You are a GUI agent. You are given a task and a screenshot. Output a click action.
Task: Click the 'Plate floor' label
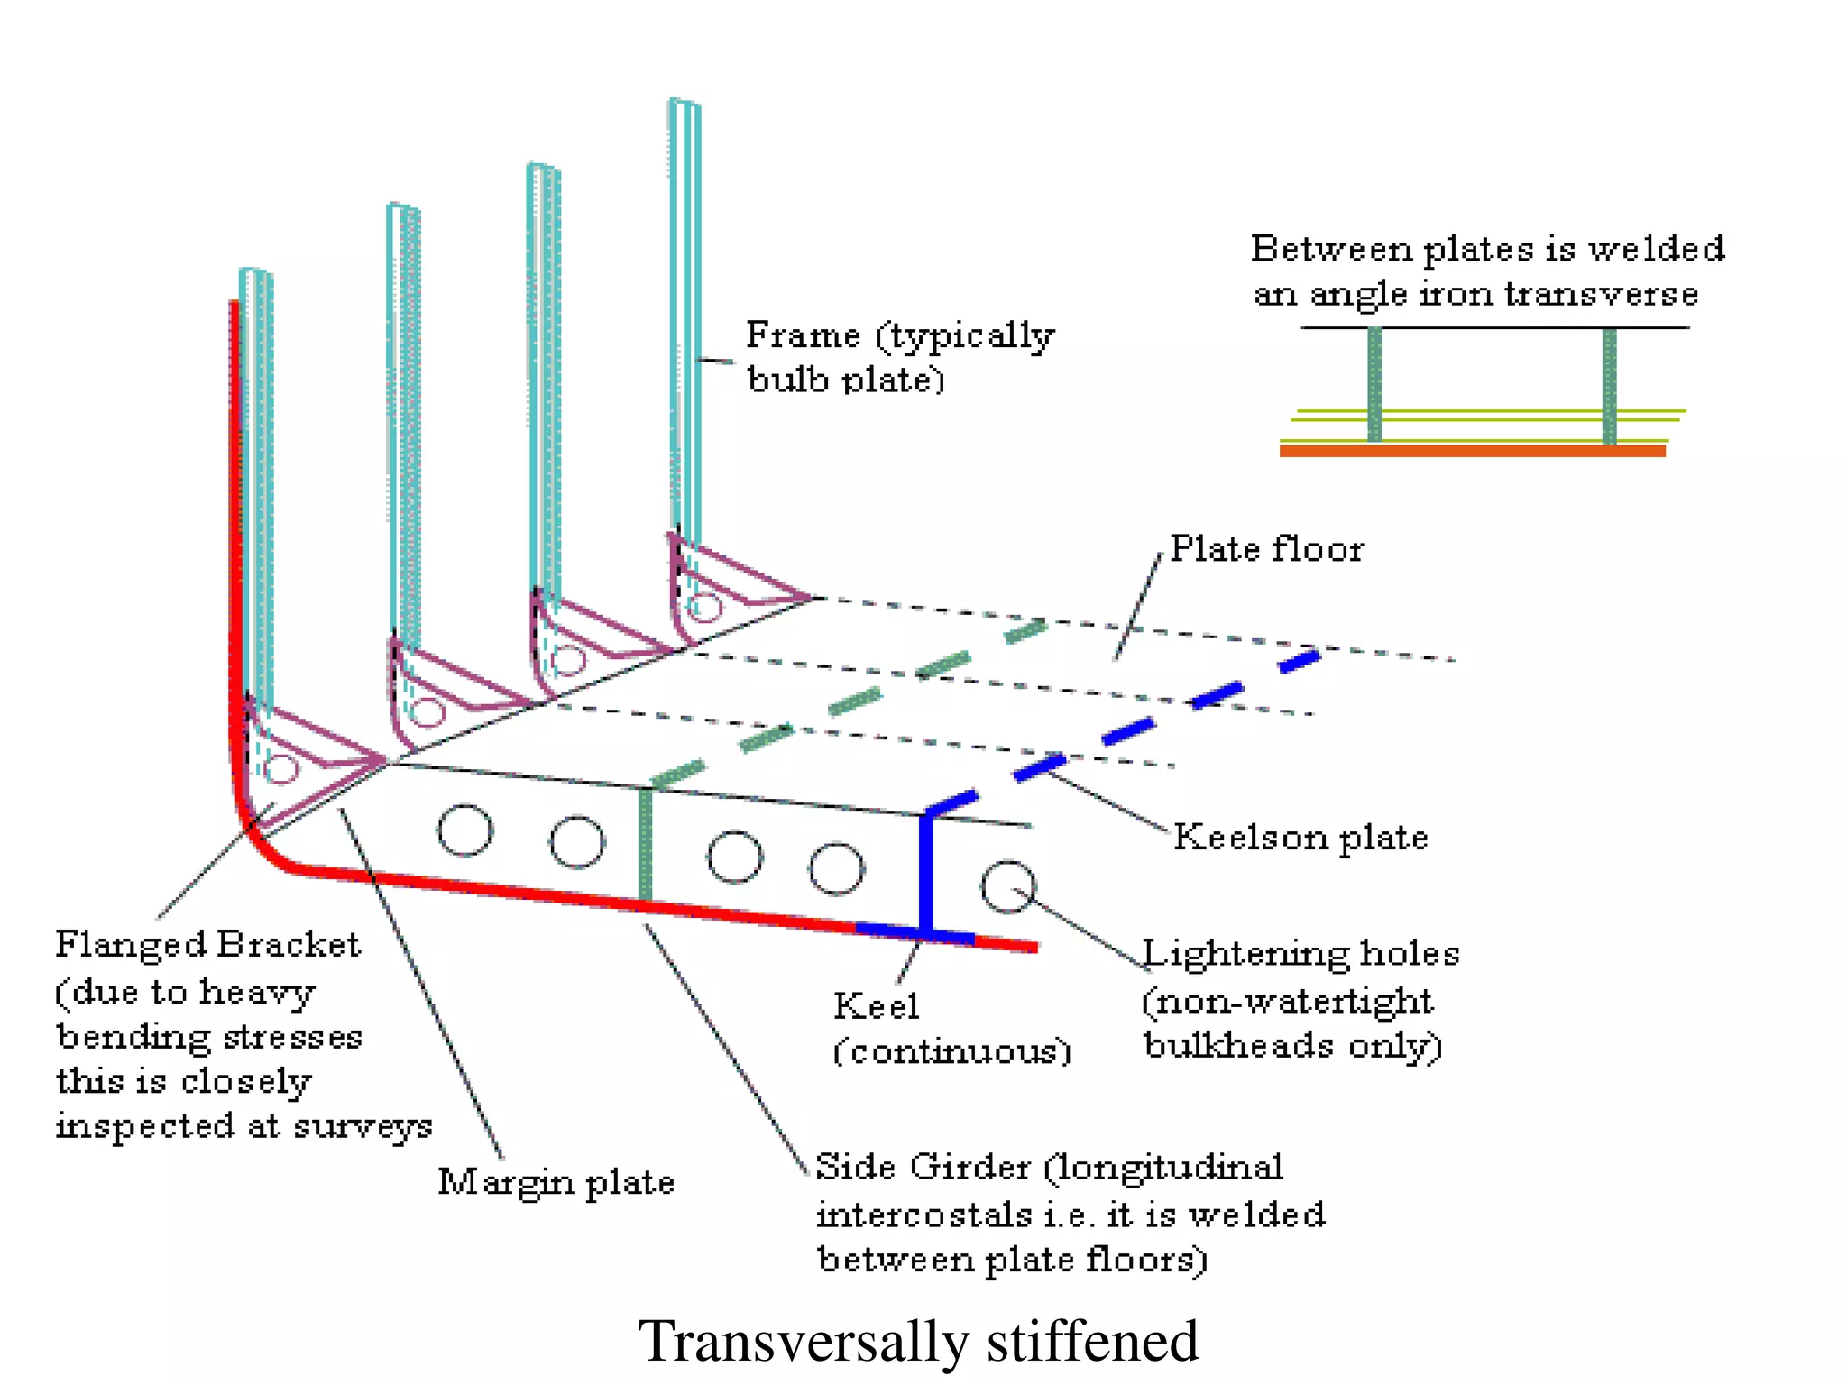[x=1266, y=549]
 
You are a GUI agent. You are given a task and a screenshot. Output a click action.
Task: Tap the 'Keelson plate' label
[x=1300, y=838]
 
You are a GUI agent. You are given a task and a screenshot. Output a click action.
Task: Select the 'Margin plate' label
[x=556, y=1182]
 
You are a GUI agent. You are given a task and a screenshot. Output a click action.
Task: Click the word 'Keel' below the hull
[x=876, y=1006]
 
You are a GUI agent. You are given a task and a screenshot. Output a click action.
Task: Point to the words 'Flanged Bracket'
[x=207, y=944]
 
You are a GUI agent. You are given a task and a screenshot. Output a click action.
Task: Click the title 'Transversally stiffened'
[x=918, y=1341]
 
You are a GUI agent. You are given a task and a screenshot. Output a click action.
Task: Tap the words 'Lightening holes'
[x=1300, y=954]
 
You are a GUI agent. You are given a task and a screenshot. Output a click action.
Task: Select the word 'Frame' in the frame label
[x=803, y=335]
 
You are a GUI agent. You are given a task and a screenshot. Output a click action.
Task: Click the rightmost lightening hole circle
[x=1007, y=887]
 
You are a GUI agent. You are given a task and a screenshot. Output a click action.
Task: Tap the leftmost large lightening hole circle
[x=464, y=830]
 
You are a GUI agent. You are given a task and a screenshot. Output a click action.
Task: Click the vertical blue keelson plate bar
[x=925, y=870]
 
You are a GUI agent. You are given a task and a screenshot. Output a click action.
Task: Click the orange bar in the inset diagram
[x=1472, y=451]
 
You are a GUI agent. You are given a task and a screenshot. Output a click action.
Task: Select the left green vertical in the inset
[x=1374, y=385]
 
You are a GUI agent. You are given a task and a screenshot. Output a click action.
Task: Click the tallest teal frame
[x=685, y=316]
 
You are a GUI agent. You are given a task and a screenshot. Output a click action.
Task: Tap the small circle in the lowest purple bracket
[x=281, y=769]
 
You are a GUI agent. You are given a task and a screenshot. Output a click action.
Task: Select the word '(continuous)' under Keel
[x=951, y=1051]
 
